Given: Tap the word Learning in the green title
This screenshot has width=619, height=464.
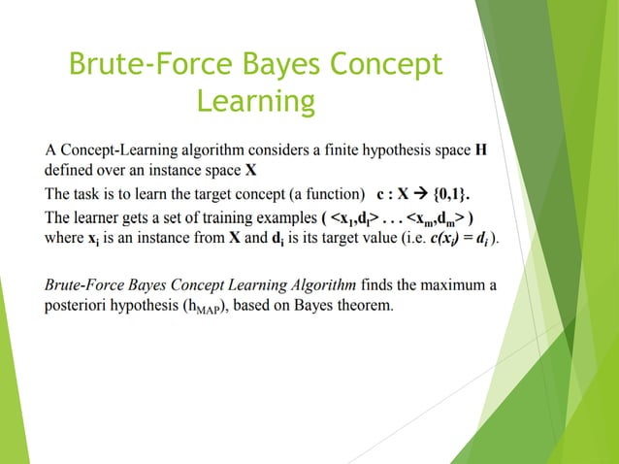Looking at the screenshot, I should point(255,101).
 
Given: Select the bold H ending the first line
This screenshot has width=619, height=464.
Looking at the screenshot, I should point(481,150).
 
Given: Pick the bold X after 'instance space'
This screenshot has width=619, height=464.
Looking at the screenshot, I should point(250,170).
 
